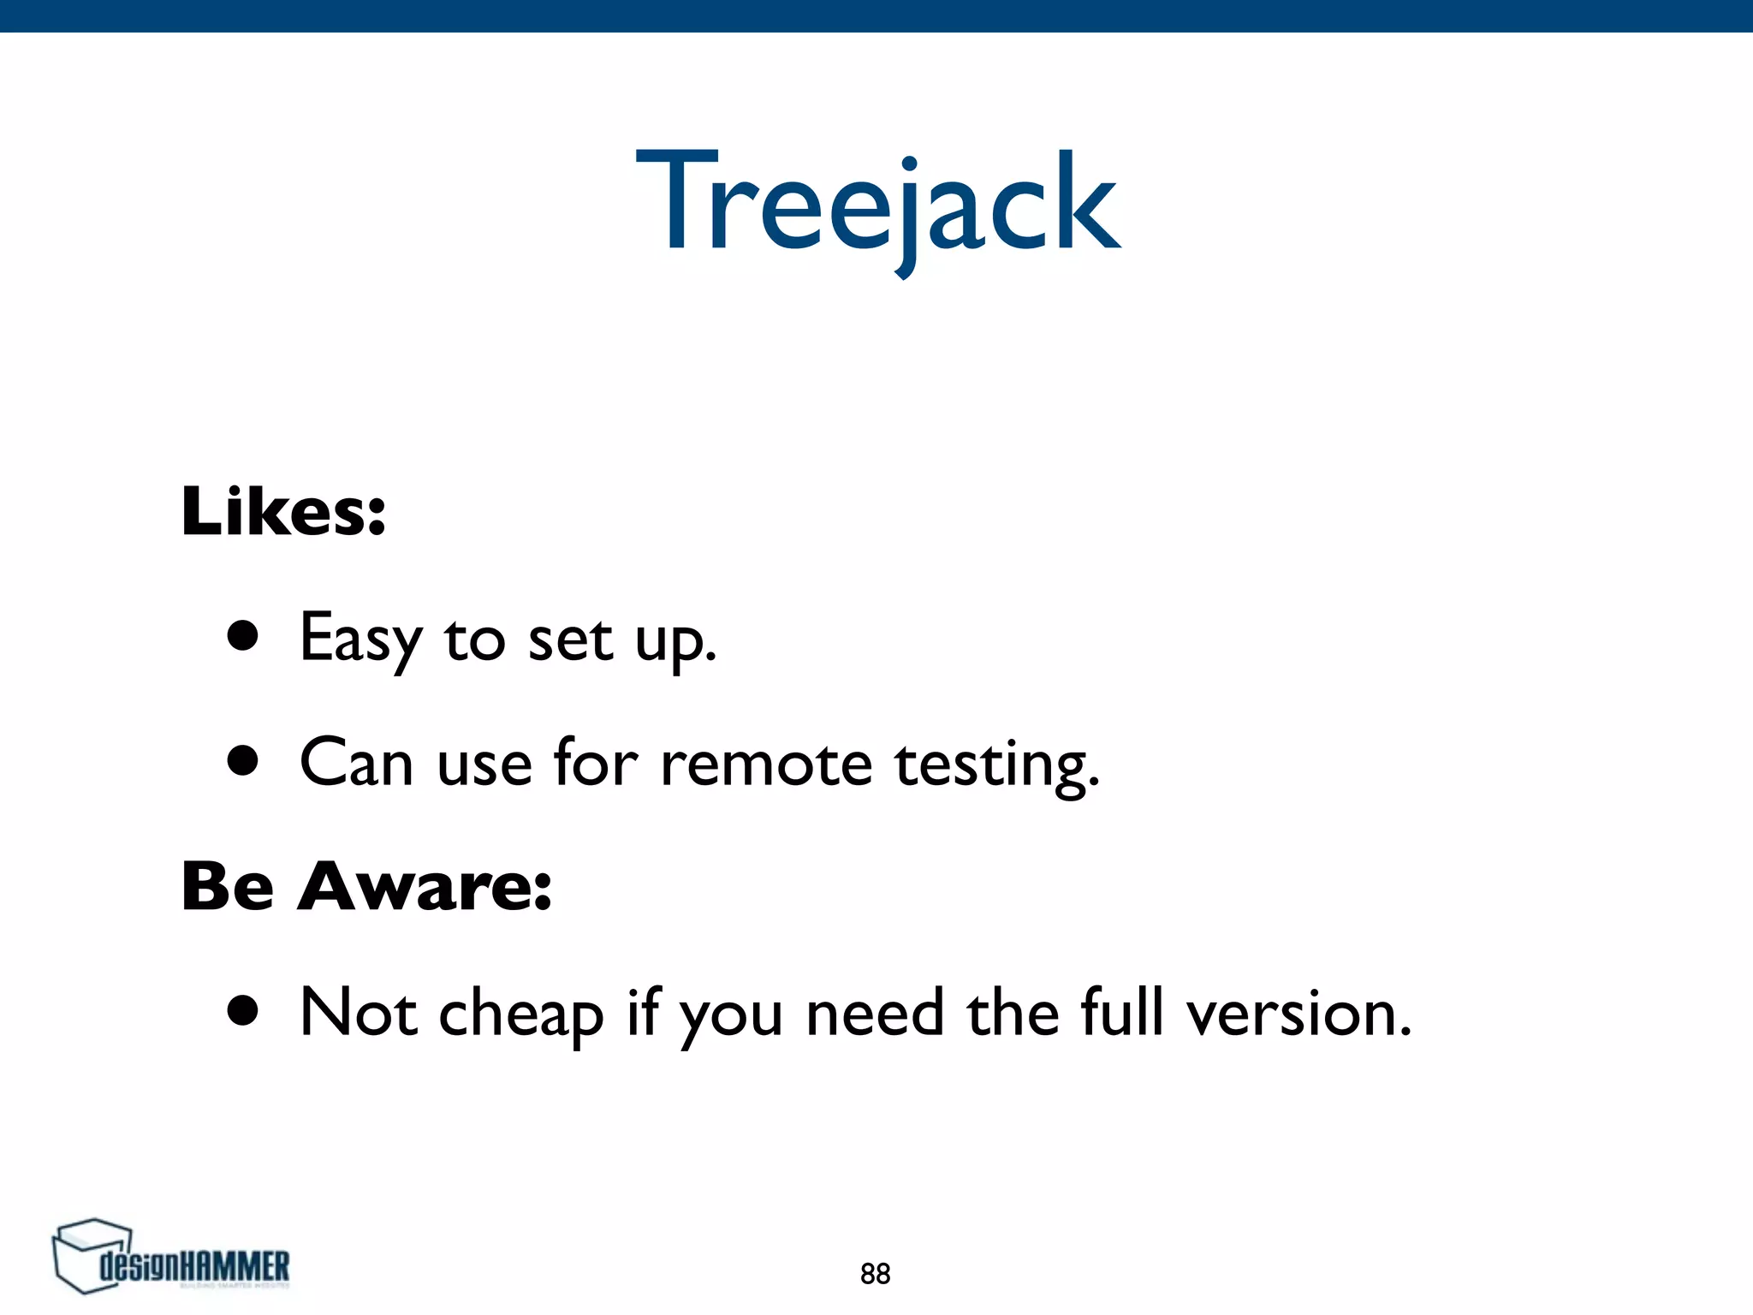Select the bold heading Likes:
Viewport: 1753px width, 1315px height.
pos(283,512)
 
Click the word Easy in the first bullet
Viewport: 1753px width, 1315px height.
pos(360,640)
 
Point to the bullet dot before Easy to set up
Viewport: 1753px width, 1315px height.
pos(243,636)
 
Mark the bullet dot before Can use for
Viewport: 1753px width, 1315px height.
pos(243,760)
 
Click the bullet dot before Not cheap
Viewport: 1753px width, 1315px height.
pos(243,1010)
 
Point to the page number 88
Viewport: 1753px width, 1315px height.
pos(875,1274)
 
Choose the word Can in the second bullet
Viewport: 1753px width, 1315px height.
pos(356,763)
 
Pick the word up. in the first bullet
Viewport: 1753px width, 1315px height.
pos(675,642)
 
